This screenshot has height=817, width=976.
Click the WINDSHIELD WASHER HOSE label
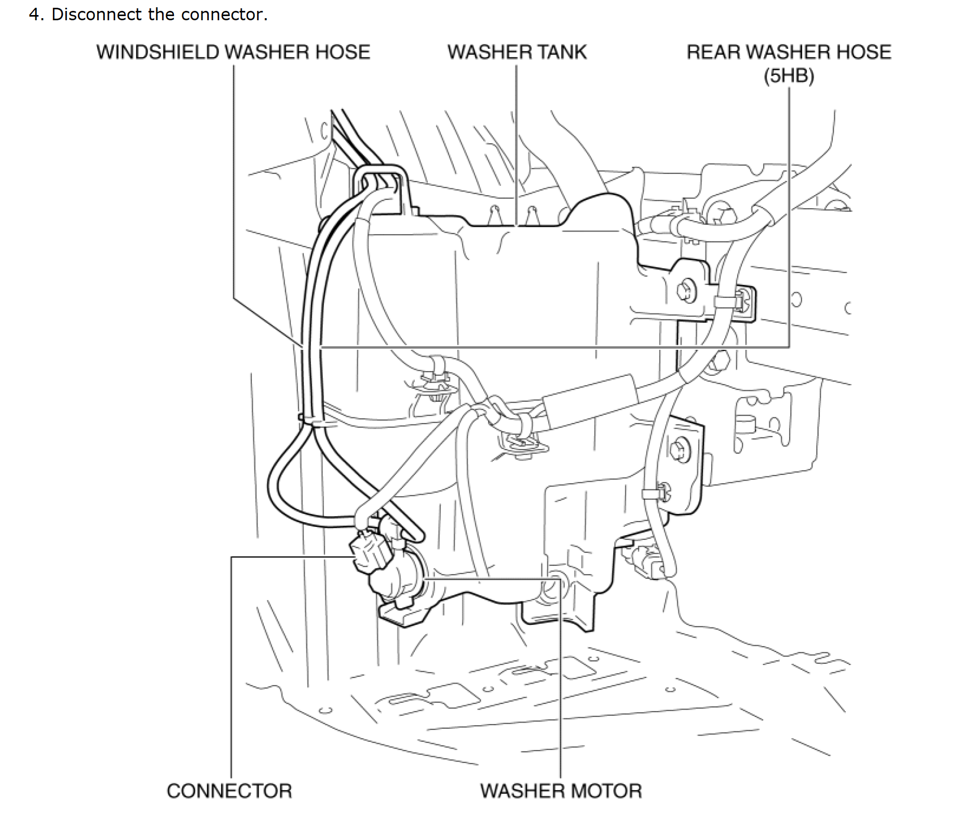coord(233,52)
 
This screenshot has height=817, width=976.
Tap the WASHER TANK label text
coord(517,52)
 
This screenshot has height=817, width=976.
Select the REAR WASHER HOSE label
coord(789,52)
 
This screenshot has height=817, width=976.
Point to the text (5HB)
coord(789,76)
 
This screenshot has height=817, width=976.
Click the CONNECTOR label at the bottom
coord(229,791)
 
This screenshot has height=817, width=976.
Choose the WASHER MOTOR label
coord(561,791)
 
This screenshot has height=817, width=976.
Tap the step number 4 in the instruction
coord(34,15)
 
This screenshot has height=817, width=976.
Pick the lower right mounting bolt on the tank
coord(679,450)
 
